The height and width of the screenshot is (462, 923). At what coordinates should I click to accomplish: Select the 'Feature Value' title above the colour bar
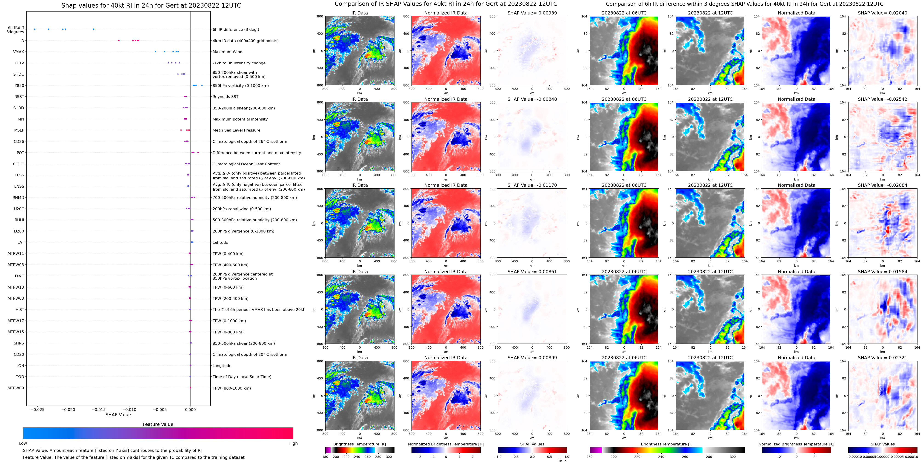point(158,424)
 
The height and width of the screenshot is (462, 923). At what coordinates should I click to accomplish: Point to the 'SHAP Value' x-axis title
point(118,415)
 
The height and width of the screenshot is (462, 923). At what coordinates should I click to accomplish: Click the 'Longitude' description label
point(222,366)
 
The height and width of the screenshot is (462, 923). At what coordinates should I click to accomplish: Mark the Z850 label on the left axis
point(19,86)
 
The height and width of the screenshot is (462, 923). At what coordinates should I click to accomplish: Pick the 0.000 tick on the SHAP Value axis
point(190,409)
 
